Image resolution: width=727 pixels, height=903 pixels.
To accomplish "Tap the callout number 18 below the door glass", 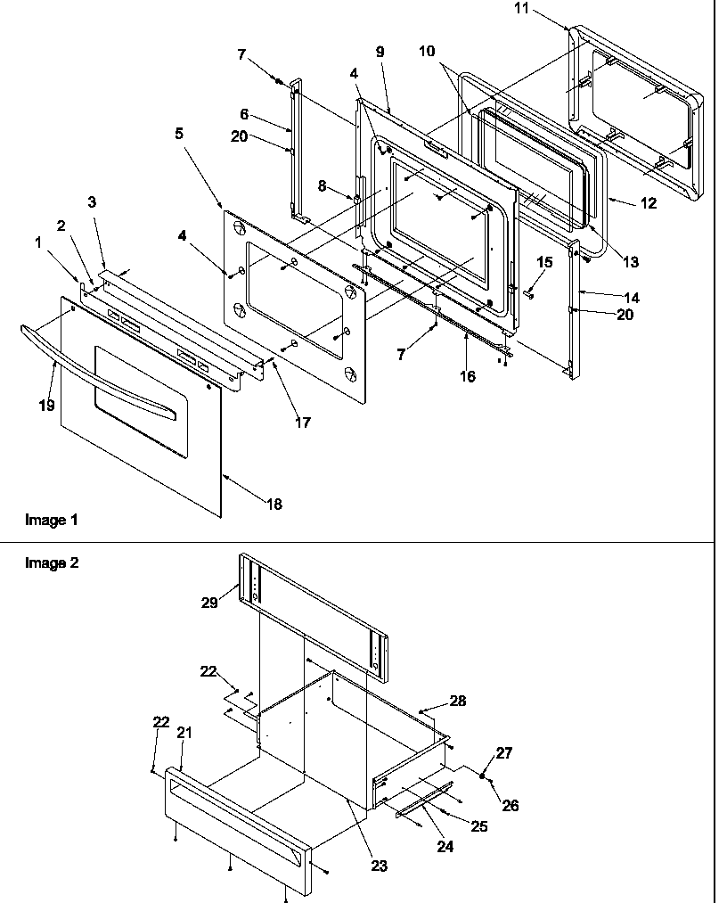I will pyautogui.click(x=274, y=505).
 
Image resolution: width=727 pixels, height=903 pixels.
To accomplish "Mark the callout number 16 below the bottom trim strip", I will pyautogui.click(x=468, y=376).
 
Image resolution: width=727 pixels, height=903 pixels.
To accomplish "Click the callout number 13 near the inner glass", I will pyautogui.click(x=631, y=262).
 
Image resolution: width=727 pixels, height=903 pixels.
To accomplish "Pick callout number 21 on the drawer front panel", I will pyautogui.click(x=184, y=732).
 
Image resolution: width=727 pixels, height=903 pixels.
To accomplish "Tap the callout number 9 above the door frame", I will pyautogui.click(x=380, y=53).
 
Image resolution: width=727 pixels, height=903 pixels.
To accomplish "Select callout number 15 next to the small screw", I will pyautogui.click(x=545, y=262).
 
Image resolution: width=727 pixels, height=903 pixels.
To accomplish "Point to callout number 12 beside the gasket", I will pyautogui.click(x=648, y=203).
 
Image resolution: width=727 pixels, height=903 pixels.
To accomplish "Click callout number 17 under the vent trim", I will pyautogui.click(x=303, y=423).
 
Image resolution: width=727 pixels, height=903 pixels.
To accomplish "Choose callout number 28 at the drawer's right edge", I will pyautogui.click(x=458, y=702).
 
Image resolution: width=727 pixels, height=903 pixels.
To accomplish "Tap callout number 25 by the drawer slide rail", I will pyautogui.click(x=479, y=826).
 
